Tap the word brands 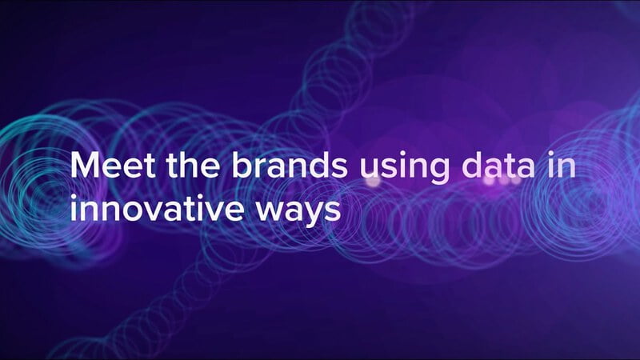[x=290, y=165]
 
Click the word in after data [x=562, y=165]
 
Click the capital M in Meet [x=86, y=165]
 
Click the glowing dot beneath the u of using [x=372, y=182]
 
